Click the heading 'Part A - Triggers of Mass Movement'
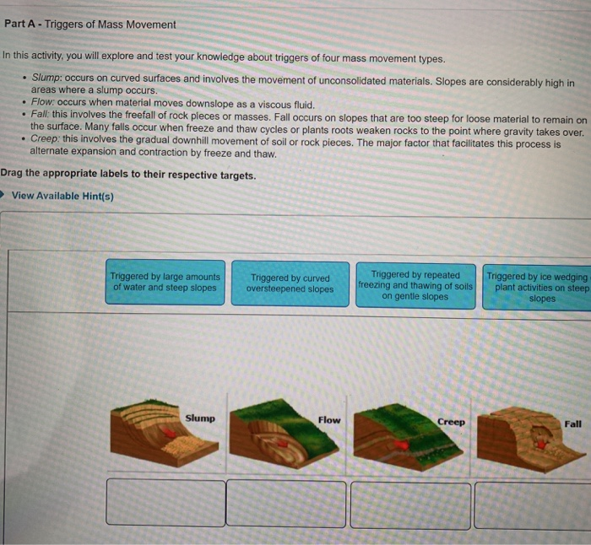(x=90, y=24)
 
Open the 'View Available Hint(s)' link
(x=62, y=196)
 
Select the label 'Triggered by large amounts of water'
(x=165, y=283)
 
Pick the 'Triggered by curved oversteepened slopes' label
(x=290, y=283)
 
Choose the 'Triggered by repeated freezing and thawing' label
(x=415, y=285)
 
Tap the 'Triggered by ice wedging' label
(x=537, y=286)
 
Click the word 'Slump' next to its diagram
(x=200, y=418)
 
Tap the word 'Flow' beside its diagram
(x=329, y=419)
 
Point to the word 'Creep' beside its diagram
(x=451, y=421)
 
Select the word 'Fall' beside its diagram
(x=572, y=424)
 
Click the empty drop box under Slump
(x=165, y=503)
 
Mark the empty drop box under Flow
(x=286, y=504)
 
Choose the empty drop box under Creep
(x=409, y=505)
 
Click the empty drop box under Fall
(x=533, y=505)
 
